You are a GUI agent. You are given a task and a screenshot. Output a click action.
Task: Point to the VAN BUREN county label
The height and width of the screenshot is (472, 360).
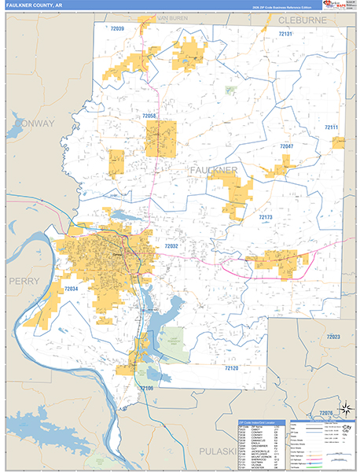(174, 17)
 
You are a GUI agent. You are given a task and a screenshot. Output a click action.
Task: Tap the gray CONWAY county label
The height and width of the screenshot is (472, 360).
(33, 124)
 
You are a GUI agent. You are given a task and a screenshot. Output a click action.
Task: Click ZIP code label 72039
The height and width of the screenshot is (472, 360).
(117, 28)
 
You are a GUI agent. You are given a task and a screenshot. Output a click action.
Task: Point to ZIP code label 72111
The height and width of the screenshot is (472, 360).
(331, 127)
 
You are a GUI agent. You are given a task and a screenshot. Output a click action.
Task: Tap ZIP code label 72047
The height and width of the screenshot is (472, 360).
(286, 146)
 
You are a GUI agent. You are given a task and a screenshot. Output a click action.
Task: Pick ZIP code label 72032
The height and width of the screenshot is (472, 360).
(171, 246)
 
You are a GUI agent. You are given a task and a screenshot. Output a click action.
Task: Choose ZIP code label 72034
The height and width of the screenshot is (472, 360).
(71, 289)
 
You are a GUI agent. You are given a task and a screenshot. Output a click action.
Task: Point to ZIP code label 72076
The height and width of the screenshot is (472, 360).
(326, 412)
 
